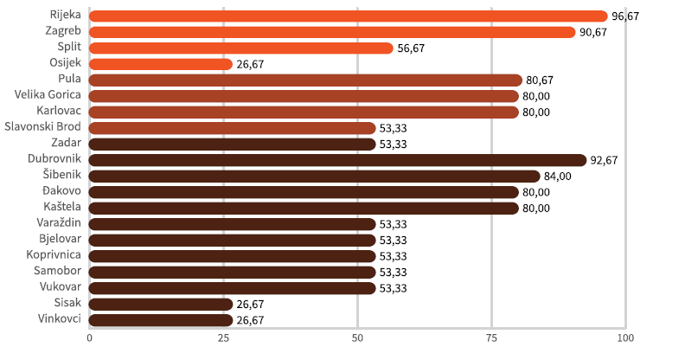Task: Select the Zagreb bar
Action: [331, 32]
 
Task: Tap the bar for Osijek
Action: [161, 64]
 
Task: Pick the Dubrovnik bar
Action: [337, 160]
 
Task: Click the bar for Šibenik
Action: [314, 176]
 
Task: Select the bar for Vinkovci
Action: [161, 320]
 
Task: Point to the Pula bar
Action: [305, 80]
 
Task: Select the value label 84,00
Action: [559, 177]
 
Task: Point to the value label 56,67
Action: [411, 48]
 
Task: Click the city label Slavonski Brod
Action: [43, 127]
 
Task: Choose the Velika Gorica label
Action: [48, 95]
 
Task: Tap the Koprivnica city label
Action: [54, 255]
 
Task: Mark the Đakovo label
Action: [61, 191]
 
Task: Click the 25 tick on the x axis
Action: [223, 337]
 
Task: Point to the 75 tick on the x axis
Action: [491, 337]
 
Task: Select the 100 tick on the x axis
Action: [625, 337]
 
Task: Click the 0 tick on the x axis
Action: [89, 337]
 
